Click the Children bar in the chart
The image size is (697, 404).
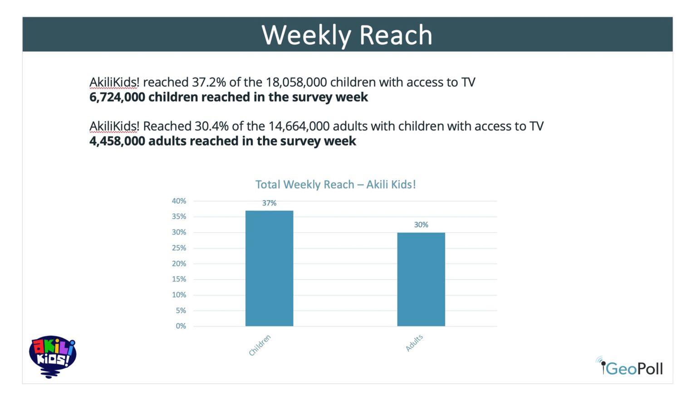click(x=269, y=268)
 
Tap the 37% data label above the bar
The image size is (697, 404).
click(x=269, y=203)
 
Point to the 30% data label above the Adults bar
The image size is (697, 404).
click(x=421, y=225)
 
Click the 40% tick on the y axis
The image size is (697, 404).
click(x=179, y=201)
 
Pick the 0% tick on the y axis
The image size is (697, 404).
click(x=181, y=326)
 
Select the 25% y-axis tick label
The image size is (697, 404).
click(x=179, y=248)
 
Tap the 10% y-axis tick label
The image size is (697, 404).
click(x=179, y=295)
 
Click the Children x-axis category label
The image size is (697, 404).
click(x=260, y=346)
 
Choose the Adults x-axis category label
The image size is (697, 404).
click(x=414, y=343)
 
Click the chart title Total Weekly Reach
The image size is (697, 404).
click(x=335, y=185)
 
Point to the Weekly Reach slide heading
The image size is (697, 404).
click(x=347, y=35)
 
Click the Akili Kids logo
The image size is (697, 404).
click(x=52, y=356)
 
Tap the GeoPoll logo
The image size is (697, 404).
click(x=630, y=367)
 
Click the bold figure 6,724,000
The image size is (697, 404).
click(x=117, y=97)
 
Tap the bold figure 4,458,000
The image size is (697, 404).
click(x=117, y=141)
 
